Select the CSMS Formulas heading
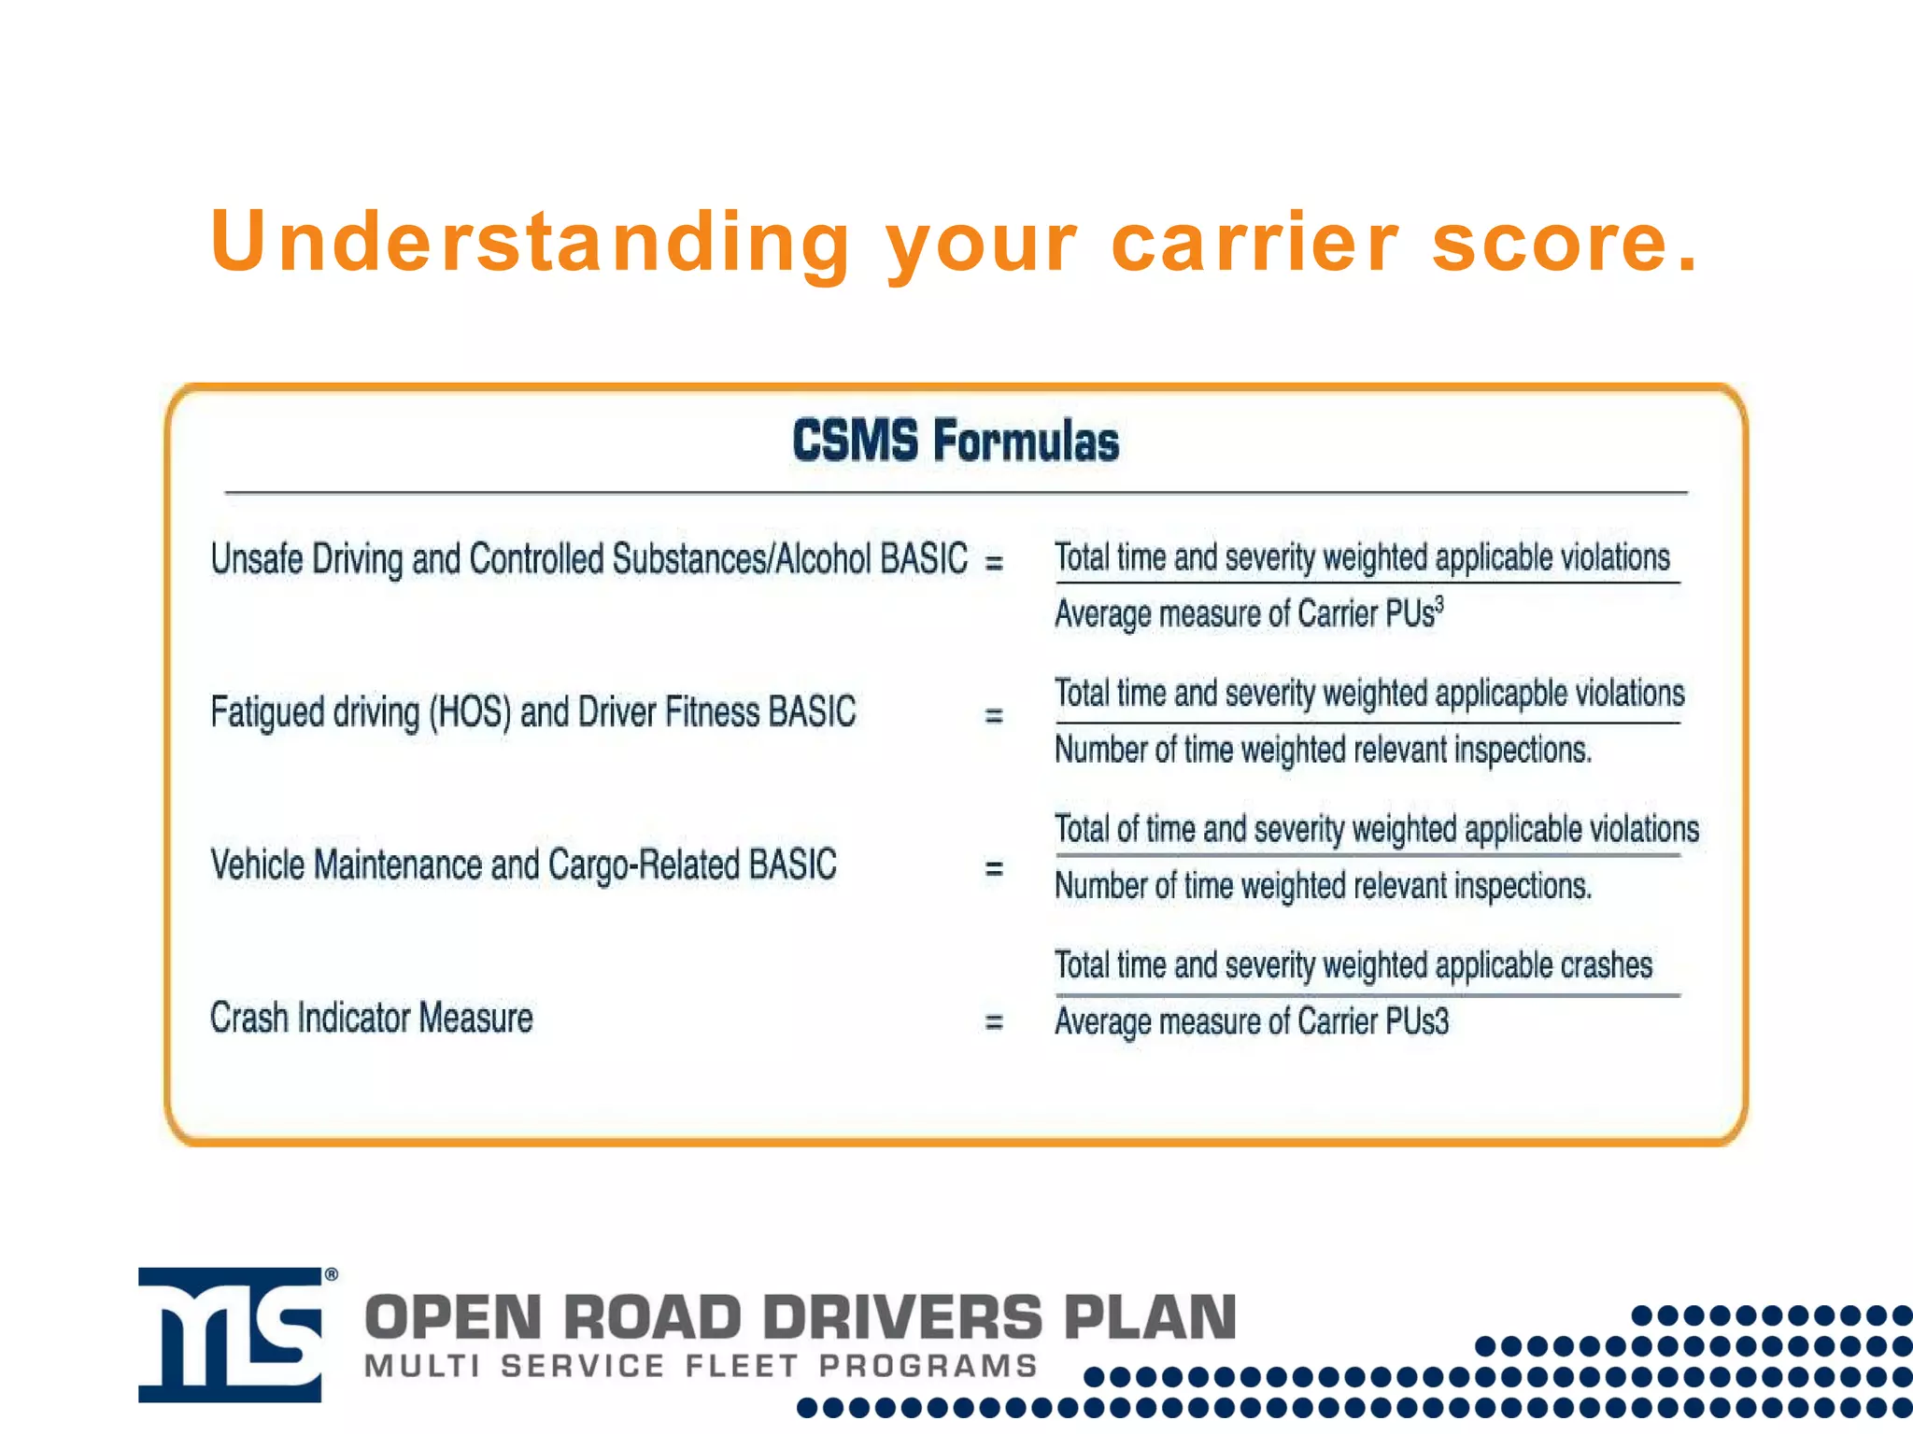coord(956,441)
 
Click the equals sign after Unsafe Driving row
coord(994,562)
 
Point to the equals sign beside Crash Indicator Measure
coord(994,1022)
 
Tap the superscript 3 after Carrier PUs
coord(1439,604)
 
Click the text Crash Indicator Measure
coord(371,1018)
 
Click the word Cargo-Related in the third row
coord(645,865)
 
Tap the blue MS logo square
coord(231,1334)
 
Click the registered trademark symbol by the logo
coord(331,1274)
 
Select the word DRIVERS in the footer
coord(901,1317)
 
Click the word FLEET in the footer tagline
coord(742,1366)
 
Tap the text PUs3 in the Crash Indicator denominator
coord(1416,1021)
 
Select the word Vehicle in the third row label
coord(258,865)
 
